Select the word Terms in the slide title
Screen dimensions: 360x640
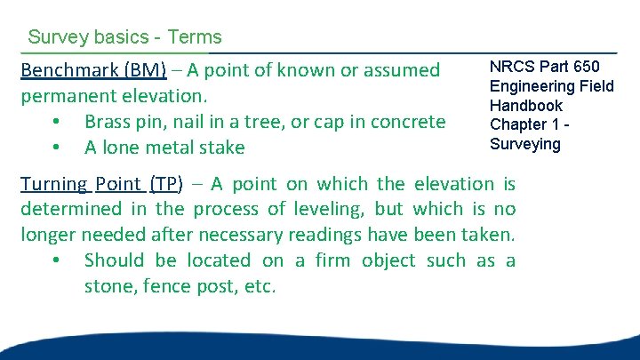point(194,37)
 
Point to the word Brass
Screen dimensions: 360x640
point(110,122)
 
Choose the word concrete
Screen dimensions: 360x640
point(405,122)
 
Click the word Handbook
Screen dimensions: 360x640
point(526,105)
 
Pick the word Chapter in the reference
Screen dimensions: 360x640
point(519,124)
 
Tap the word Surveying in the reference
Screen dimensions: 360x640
point(525,144)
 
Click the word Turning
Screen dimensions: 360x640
point(53,184)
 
